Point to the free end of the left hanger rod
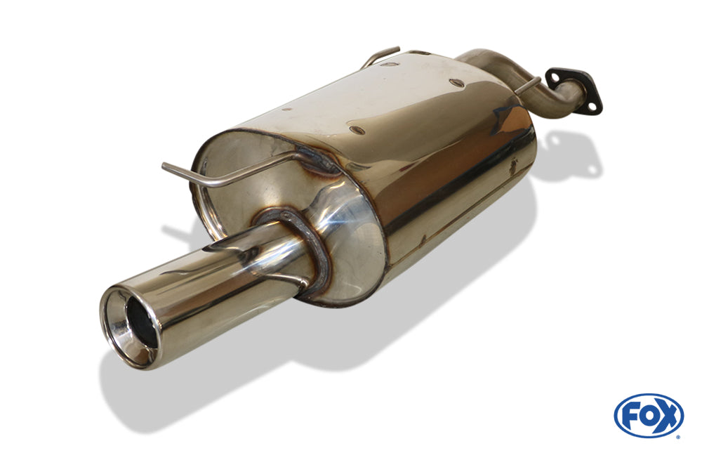[164, 166]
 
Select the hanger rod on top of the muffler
[380, 56]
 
